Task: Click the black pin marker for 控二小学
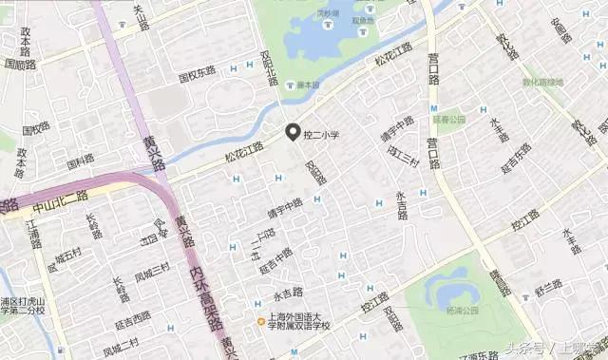coord(294,132)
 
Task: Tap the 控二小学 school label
coord(321,136)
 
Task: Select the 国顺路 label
coord(19,65)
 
